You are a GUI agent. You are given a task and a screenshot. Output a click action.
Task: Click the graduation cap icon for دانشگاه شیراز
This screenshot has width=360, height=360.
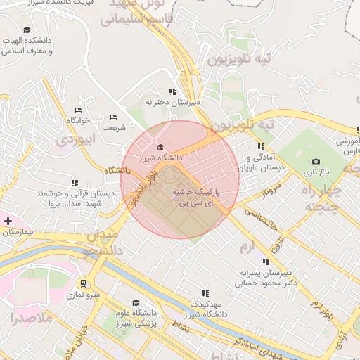coord(160,148)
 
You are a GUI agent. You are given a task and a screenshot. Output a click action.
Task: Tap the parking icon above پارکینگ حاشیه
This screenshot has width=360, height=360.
coord(175,180)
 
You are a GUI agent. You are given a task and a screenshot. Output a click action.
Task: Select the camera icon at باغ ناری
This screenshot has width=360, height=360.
coord(315,161)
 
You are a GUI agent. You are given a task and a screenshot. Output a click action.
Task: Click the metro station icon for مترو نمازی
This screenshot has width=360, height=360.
coord(84,284)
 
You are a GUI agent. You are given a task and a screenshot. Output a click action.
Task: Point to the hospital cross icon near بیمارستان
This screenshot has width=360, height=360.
coord(8,221)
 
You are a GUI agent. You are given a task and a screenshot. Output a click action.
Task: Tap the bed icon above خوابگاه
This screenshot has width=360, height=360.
coord(79,110)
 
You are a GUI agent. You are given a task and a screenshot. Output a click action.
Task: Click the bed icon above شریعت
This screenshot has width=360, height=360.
coord(114,117)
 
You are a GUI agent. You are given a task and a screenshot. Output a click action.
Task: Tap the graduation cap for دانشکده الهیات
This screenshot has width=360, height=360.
coord(27,30)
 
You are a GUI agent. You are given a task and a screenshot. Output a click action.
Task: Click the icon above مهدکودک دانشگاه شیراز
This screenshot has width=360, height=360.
coord(205,292)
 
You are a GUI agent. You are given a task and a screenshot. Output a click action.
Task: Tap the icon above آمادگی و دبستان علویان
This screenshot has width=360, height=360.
coord(261,146)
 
